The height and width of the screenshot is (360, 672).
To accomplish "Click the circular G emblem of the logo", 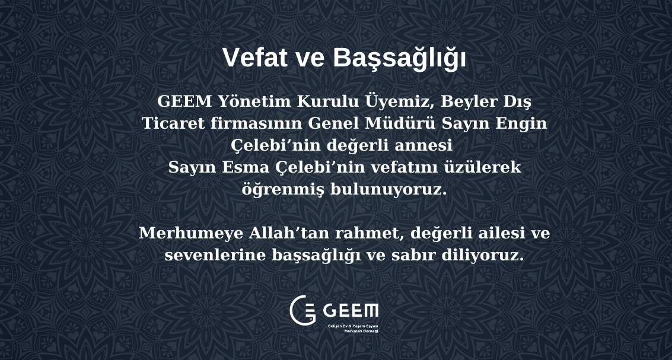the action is click(x=302, y=310).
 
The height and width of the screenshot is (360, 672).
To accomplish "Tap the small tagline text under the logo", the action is click(x=353, y=329).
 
